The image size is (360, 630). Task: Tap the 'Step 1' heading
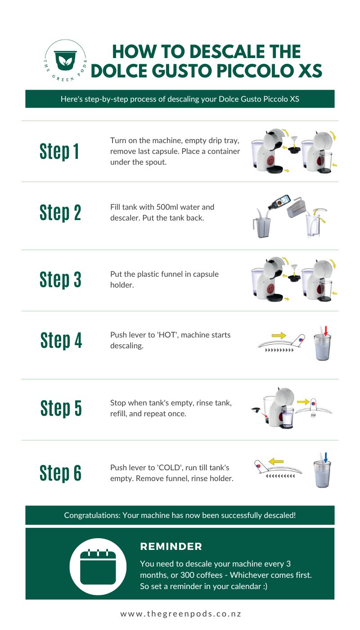[x=59, y=152]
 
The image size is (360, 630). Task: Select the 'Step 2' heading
[x=60, y=212]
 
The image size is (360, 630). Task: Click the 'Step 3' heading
[x=60, y=279]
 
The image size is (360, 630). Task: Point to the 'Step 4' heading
[x=61, y=340]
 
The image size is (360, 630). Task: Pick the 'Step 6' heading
[x=60, y=473]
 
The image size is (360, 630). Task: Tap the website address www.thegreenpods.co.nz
[x=180, y=614]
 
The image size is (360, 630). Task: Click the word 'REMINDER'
[x=171, y=547]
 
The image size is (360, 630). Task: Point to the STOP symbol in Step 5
[x=313, y=415]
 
